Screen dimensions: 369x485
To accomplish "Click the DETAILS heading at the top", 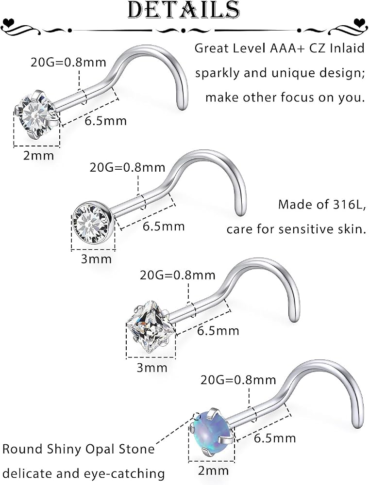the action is pos(184,9).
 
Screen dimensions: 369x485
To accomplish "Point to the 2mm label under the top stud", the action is pos(39,155).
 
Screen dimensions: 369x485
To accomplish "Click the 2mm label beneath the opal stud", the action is pos(213,470).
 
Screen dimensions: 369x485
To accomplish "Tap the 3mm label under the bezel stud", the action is pos(96,259).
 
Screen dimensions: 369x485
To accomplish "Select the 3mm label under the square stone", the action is pos(152,368).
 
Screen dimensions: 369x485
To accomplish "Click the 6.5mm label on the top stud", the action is pos(106,121).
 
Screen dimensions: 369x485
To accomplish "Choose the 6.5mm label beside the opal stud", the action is pos(275,438).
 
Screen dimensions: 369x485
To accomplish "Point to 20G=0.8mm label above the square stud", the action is pos(177,275).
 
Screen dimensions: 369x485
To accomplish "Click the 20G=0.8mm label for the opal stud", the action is pos(238,380).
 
